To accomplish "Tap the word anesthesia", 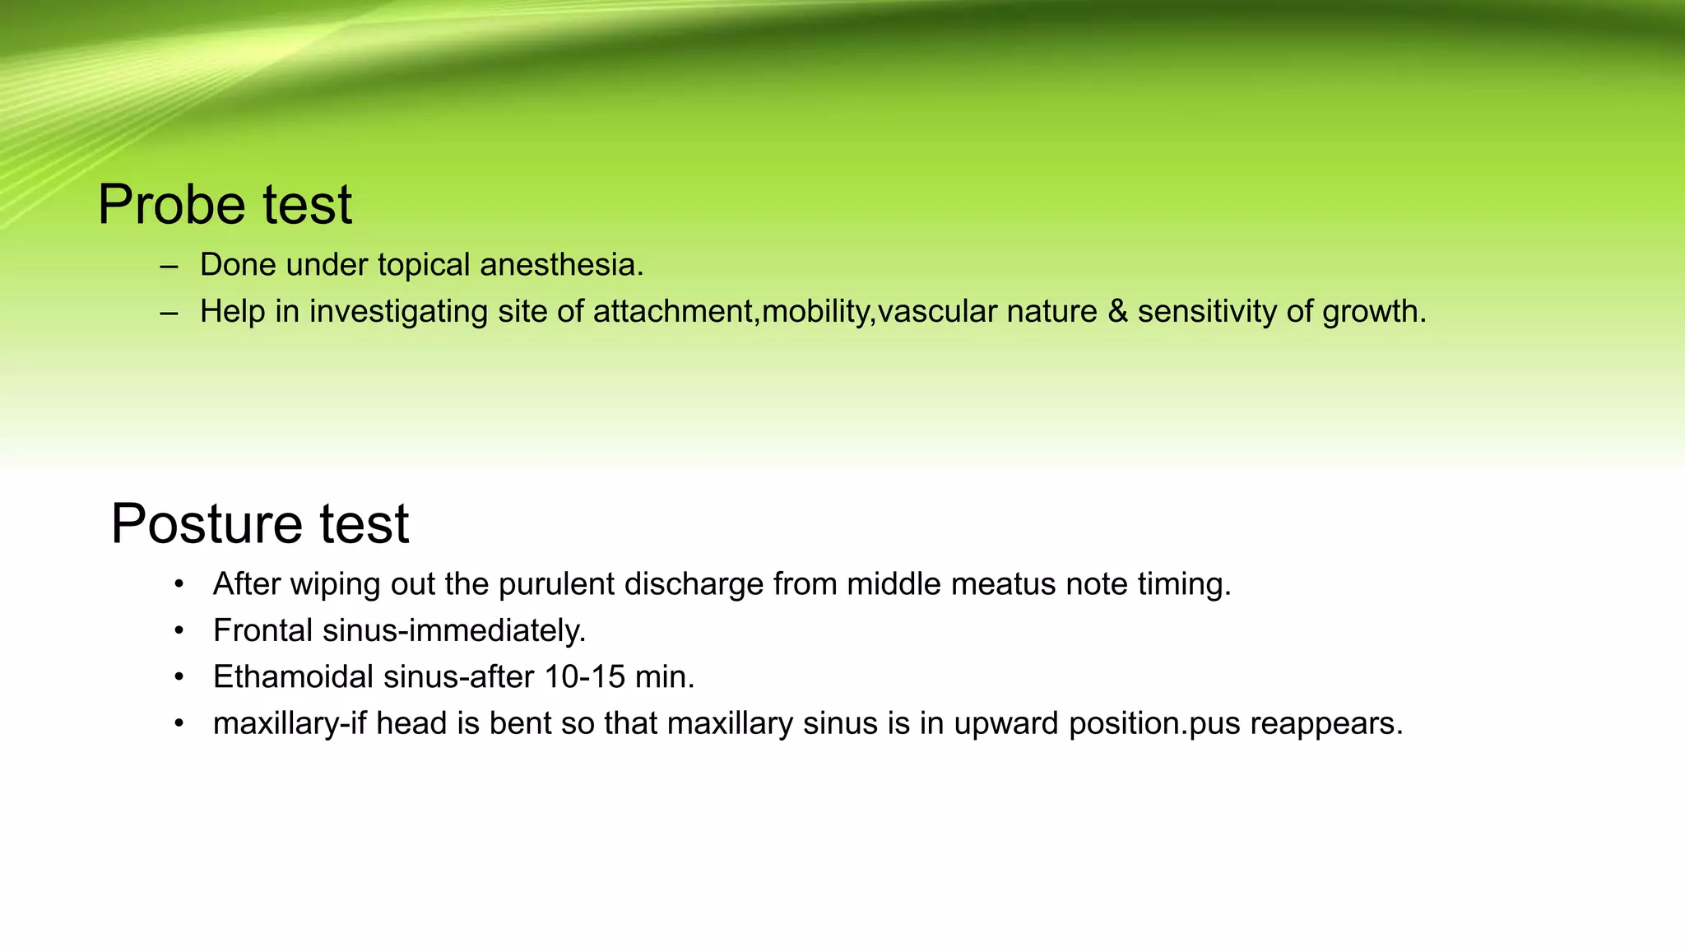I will [561, 265].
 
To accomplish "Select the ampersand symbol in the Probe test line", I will [1117, 311].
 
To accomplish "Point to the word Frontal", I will [262, 630].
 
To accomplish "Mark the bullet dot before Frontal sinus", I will [179, 631].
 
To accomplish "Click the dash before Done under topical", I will [169, 266].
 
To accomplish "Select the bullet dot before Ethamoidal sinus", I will [179, 677].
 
